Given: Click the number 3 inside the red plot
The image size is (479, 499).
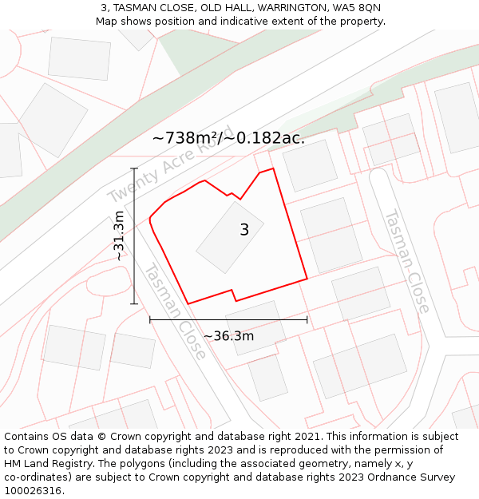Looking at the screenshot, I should point(244,230).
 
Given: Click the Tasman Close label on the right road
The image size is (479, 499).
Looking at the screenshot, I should point(407,261).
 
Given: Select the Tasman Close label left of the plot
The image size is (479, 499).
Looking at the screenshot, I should point(175,311).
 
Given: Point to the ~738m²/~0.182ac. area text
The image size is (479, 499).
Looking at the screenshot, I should point(228,138).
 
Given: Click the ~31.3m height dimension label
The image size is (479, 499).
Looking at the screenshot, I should point(119,236).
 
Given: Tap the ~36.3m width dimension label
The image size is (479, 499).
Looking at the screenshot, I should point(228,336).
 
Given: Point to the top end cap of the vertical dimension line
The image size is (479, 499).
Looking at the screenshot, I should point(134,169).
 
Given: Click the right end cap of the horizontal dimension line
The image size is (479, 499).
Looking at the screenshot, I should point(307,319).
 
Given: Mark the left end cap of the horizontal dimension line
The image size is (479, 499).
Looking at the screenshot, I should point(150,319).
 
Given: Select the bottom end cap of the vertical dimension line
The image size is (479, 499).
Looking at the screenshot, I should point(134,304).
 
